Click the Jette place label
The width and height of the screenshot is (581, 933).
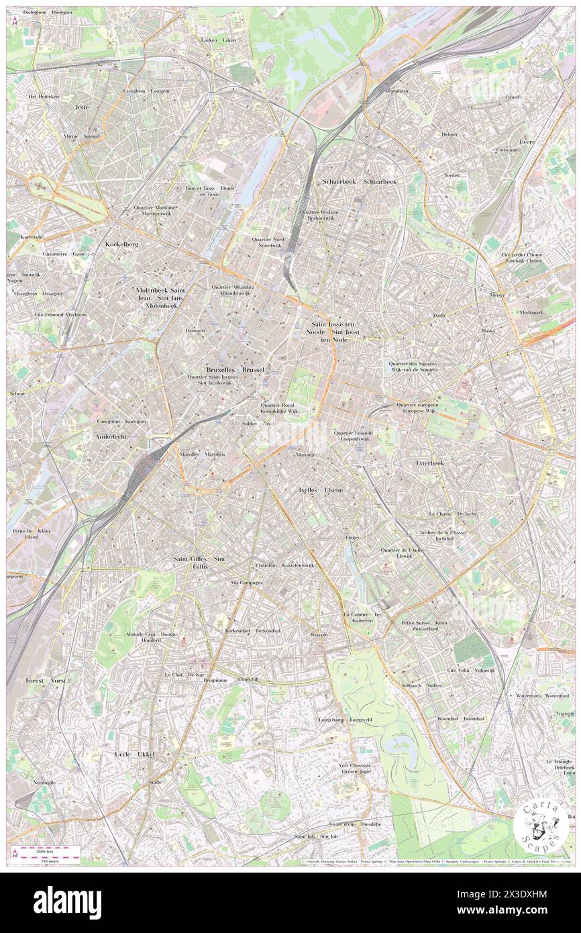[x=82, y=107]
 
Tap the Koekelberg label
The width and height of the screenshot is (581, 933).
[x=121, y=244]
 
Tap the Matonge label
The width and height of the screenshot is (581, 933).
[x=305, y=454]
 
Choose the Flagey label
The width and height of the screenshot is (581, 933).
[x=352, y=537]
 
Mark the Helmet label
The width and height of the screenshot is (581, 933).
[x=449, y=134]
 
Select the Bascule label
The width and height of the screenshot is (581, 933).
[x=319, y=634]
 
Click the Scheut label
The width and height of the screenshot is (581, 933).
[x=16, y=394]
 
